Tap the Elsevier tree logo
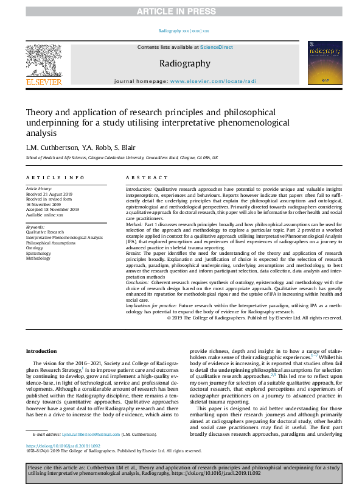(43, 62)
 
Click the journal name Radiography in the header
(185, 63)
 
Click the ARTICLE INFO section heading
(55, 177)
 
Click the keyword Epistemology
(38, 254)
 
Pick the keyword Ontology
(35, 248)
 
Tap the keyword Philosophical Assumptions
(50, 243)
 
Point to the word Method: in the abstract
(136, 225)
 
